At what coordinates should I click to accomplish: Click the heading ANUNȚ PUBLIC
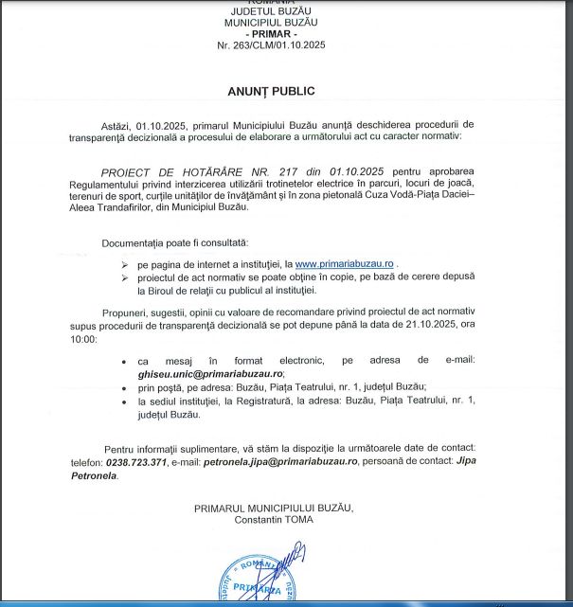click(270, 91)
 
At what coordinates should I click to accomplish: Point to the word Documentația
click(135, 243)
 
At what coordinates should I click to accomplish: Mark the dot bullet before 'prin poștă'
click(125, 387)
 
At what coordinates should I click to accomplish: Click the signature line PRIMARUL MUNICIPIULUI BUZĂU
click(273, 508)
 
